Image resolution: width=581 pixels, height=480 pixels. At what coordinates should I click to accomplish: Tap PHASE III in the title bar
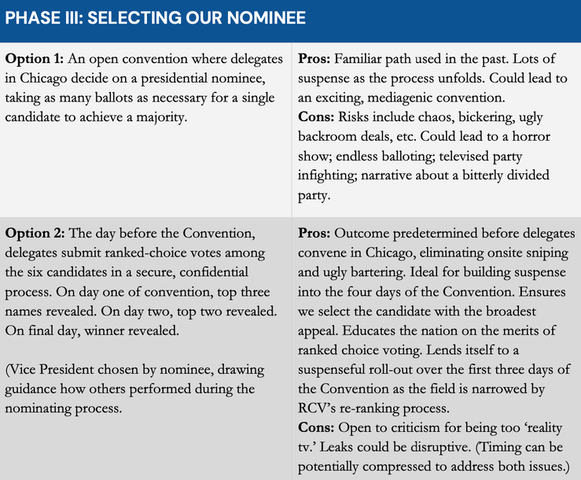[42, 17]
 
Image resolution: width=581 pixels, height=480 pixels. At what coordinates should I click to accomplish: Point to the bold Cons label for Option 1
[317, 117]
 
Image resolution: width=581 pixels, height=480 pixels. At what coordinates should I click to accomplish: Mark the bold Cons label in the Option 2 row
[317, 429]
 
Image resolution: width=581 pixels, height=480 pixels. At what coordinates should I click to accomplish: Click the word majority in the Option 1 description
[187, 117]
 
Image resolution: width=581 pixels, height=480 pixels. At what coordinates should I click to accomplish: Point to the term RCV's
[318, 409]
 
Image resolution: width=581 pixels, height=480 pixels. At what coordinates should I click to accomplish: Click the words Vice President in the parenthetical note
[54, 370]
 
